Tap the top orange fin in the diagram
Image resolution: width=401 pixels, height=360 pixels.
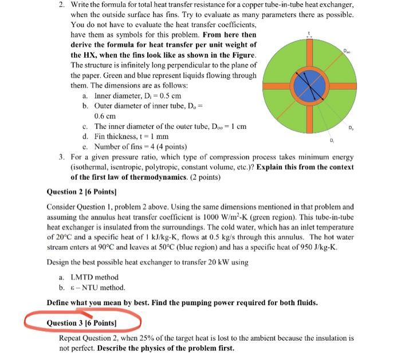click(309, 55)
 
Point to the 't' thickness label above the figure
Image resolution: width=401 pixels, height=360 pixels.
click(309, 33)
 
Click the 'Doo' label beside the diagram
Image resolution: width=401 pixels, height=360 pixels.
click(347, 51)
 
